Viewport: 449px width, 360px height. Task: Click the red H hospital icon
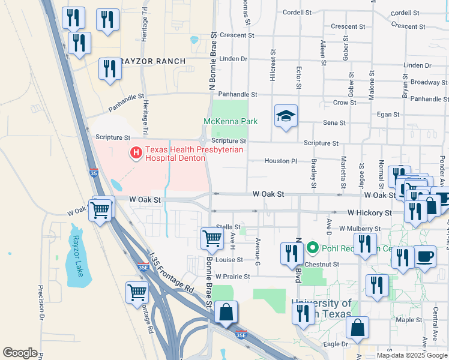136,153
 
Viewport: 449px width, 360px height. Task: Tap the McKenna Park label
231,121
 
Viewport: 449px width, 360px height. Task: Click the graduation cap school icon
286,116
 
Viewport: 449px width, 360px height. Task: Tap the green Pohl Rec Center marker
312,247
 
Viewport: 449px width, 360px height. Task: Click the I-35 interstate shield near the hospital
93,172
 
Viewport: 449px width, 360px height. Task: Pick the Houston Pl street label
281,161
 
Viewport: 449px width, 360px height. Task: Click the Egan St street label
388,114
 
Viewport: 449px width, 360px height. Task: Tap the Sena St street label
334,123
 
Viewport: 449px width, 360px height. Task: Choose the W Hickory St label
369,213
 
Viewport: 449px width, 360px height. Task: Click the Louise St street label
229,260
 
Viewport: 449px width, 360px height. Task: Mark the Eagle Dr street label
336,344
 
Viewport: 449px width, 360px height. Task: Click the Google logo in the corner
20,352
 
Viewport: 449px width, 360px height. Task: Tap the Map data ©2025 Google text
412,355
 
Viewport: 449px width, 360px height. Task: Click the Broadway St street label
426,82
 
